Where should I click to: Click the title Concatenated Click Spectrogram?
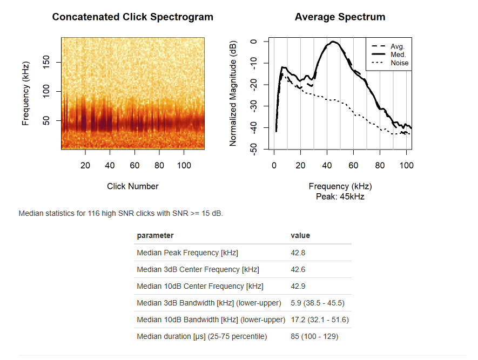(x=133, y=17)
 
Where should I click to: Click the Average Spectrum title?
(x=340, y=17)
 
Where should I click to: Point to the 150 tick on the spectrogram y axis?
(x=46, y=62)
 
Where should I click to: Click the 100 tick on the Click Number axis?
(x=184, y=165)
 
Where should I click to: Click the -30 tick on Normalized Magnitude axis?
(x=253, y=106)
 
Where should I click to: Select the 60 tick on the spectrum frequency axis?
(x=353, y=165)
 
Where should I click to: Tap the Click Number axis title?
(x=133, y=186)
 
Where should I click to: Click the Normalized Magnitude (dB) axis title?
(x=233, y=93)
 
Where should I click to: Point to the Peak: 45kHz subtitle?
(x=340, y=196)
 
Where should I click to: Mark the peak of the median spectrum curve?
(x=333, y=42)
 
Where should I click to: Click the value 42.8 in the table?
(x=298, y=253)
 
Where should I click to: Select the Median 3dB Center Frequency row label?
(x=198, y=269)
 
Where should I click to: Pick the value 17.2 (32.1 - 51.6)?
(x=320, y=320)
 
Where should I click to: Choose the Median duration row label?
(x=202, y=336)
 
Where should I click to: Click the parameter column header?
(x=155, y=235)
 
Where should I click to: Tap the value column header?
(x=300, y=235)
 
